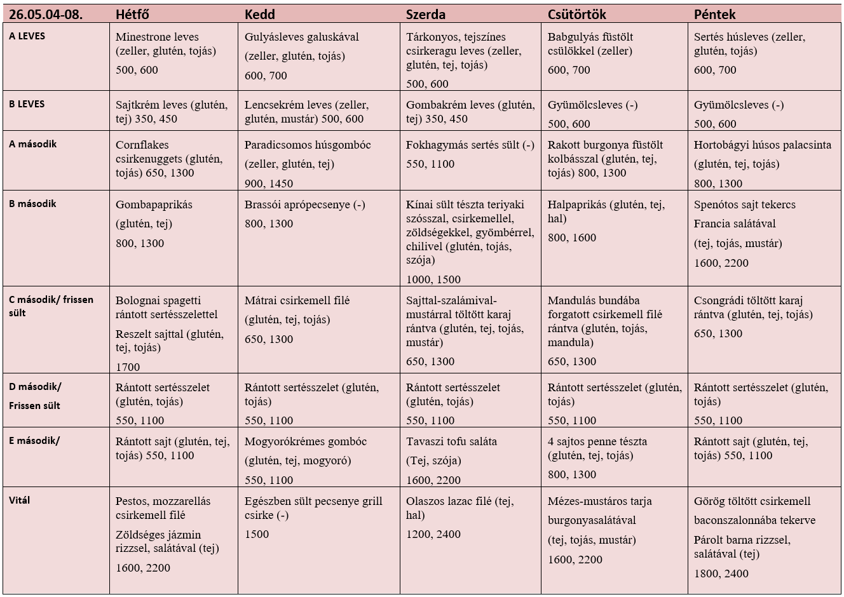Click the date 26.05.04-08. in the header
coord(46,15)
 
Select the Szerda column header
coord(425,15)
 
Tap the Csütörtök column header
coord(576,15)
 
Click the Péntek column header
coord(714,15)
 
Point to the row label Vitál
coord(19,500)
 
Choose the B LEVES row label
coord(27,104)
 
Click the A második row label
coord(33,144)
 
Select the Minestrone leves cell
coord(174,57)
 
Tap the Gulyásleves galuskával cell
coord(319,57)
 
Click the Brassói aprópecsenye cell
coord(319,238)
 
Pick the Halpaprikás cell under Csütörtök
coord(614,238)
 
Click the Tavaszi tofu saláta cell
coord(470,457)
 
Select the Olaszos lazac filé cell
coord(470,540)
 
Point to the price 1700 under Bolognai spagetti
coord(128,366)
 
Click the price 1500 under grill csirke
coord(257,534)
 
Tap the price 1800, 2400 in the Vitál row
coord(721,574)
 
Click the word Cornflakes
coord(142,145)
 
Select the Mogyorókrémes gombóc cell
coord(319,457)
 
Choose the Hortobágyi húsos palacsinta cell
coord(764,160)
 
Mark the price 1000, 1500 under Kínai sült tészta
coord(433,279)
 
